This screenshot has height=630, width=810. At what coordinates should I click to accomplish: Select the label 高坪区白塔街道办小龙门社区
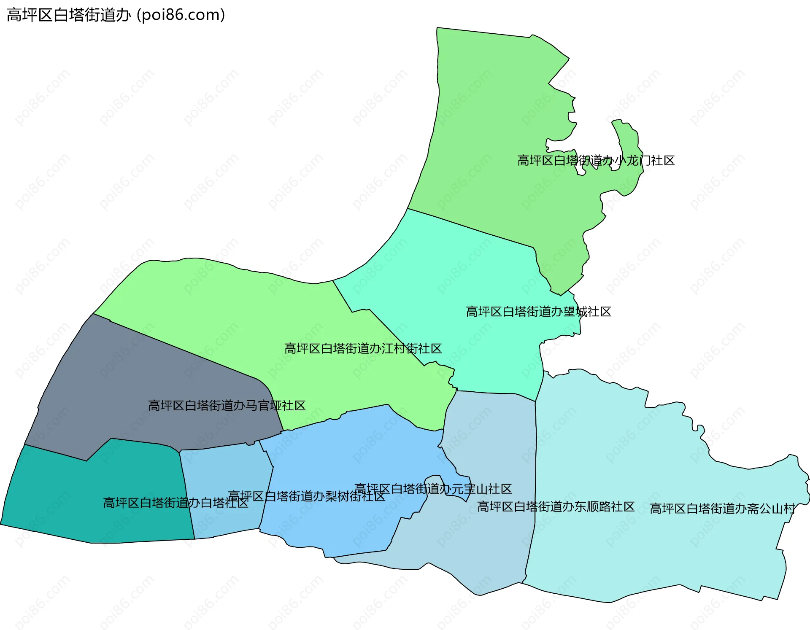pos(596,161)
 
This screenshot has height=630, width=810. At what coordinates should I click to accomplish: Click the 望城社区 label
pos(538,312)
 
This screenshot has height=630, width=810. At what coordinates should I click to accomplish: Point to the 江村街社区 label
pos(363,348)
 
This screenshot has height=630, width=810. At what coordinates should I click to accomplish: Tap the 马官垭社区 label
pos(227,406)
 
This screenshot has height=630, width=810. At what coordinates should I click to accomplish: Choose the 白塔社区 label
pos(175,503)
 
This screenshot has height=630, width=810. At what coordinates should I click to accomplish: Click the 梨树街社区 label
pos(306,496)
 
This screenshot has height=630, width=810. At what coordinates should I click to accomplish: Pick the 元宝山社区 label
pos(433,489)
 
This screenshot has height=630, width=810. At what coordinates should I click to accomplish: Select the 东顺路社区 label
pos(556,506)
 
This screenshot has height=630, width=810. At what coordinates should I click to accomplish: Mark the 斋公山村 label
pos(722,509)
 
